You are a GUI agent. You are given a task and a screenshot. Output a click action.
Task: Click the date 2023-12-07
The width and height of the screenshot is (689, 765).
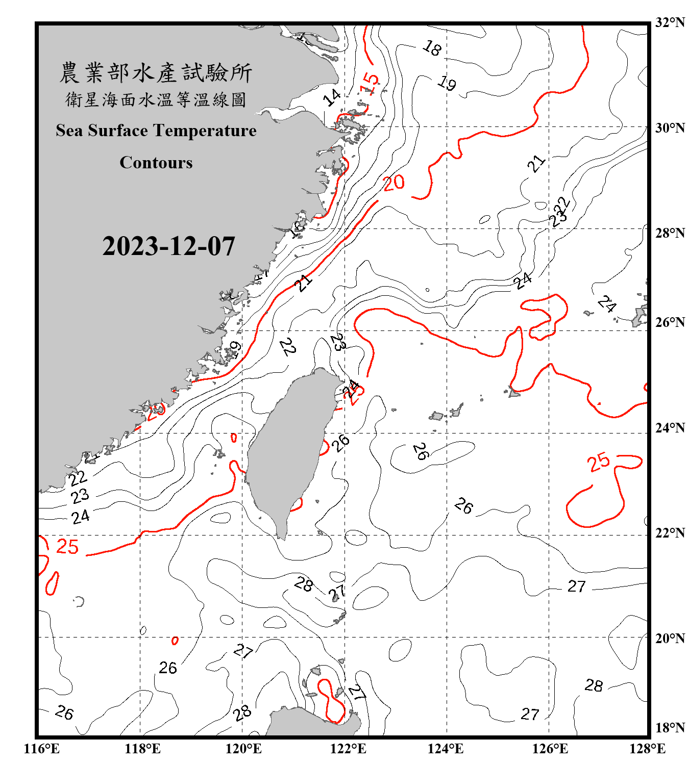tap(168, 246)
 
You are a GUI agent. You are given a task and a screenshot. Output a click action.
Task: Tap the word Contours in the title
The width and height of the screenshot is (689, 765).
tap(156, 163)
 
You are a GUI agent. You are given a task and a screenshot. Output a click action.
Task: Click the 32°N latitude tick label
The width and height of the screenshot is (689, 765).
tap(670, 22)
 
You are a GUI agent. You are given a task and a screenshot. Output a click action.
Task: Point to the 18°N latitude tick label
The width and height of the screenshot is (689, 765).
tap(670, 728)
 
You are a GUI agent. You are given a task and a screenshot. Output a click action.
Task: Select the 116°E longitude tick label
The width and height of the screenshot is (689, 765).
tap(41, 749)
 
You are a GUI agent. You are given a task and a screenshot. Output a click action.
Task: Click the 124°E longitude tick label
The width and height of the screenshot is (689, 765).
tap(446, 749)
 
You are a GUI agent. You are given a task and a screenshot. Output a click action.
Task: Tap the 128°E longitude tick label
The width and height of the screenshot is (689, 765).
tap(647, 749)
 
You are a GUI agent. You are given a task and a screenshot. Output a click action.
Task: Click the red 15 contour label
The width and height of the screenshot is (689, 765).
tap(370, 83)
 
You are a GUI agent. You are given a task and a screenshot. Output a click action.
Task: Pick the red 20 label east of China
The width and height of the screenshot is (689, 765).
tap(393, 183)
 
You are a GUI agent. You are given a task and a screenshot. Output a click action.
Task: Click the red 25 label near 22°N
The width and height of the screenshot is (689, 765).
tap(67, 547)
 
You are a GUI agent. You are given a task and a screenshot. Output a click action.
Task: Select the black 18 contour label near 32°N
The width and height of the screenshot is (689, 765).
tap(432, 48)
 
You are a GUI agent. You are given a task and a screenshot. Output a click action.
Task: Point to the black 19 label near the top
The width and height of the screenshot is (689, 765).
tap(447, 83)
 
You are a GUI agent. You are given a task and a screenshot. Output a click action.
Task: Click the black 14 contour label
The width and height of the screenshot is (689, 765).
tap(332, 97)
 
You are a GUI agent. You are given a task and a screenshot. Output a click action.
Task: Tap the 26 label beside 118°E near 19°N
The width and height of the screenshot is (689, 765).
tap(168, 668)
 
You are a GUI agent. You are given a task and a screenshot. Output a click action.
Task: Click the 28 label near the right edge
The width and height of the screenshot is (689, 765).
tap(594, 685)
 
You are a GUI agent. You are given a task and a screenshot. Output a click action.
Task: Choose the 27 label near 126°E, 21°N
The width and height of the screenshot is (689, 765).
tap(577, 586)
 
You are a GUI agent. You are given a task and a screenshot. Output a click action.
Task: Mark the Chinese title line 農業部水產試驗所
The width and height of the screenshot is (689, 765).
tap(156, 73)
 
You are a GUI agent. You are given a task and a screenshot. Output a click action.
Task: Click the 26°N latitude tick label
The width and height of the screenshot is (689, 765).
tap(670, 322)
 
